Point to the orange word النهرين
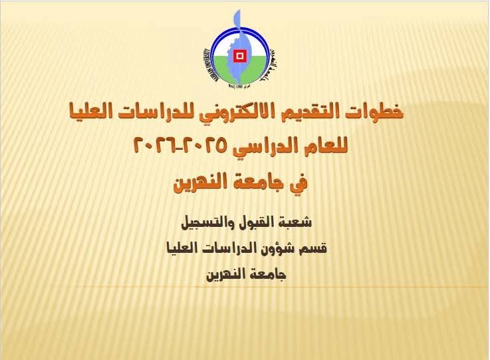pyautogui.click(x=201, y=182)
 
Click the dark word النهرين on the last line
pyautogui.click(x=224, y=275)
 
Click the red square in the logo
pyautogui.click(x=239, y=56)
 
